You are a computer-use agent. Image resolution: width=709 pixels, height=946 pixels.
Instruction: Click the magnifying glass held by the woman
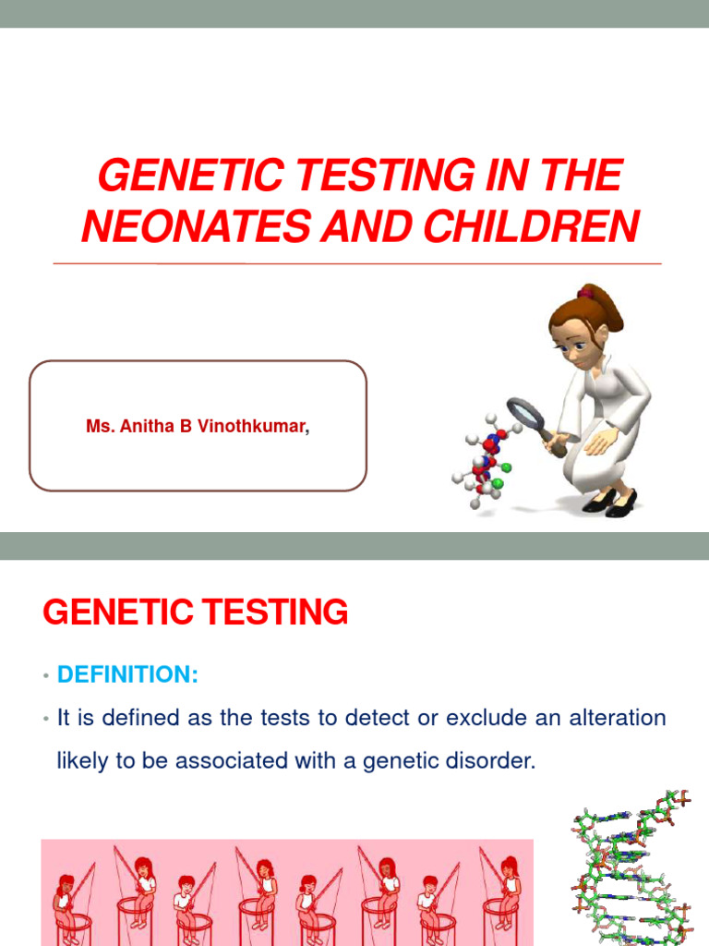pos(529,415)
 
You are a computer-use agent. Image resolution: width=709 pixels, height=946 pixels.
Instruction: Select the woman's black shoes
pos(609,502)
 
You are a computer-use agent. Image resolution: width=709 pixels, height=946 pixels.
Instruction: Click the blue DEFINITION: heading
pos(127,675)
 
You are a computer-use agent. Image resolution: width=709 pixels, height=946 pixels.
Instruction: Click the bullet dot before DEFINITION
pos(44,677)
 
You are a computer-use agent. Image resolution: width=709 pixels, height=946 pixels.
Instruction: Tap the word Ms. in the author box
pos(98,427)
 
